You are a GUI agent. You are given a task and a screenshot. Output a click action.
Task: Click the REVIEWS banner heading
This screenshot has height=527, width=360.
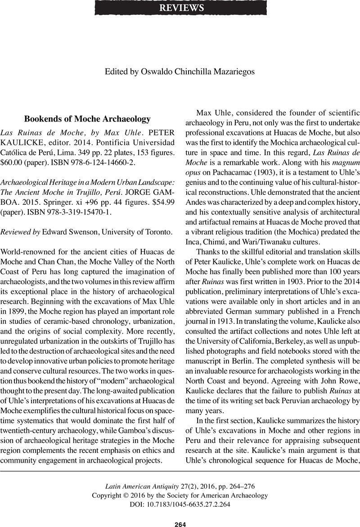180,8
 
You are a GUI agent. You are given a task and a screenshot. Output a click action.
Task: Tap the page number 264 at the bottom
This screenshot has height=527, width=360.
180,524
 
